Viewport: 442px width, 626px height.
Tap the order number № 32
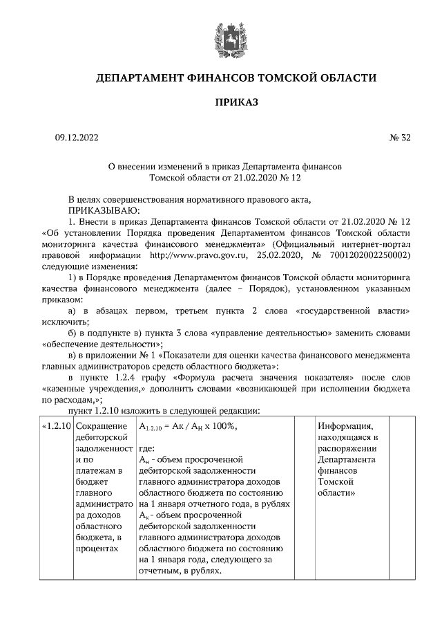(x=400, y=138)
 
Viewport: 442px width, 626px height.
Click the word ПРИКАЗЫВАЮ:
(x=103, y=210)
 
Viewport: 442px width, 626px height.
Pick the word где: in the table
(x=147, y=448)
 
